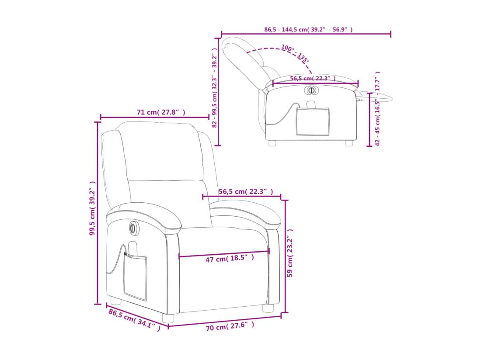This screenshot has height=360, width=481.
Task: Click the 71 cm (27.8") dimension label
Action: pos(160,112)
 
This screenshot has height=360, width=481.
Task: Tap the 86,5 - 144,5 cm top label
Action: pos(308,30)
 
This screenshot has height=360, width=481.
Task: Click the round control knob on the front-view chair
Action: pos(132,227)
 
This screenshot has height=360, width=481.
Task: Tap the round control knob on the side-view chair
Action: pos(311,90)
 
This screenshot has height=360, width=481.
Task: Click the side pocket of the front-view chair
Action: pos(135,275)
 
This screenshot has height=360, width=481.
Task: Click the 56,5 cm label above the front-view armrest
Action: pos(246,191)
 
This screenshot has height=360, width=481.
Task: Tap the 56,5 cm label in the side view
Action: pos(312,78)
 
